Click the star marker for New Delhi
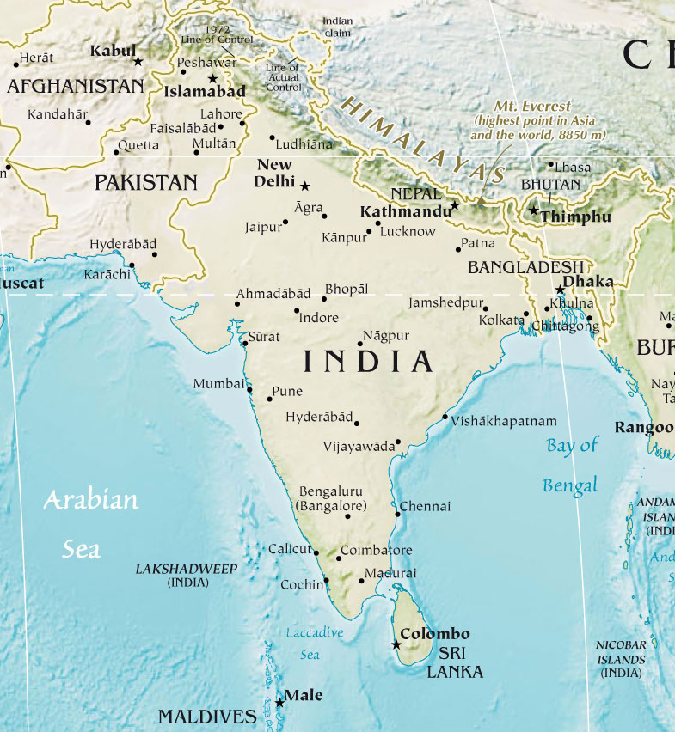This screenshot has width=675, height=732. click(x=304, y=185)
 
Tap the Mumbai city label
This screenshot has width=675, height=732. click(x=218, y=384)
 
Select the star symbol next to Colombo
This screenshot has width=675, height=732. click(x=396, y=644)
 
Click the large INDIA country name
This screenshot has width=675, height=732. click(x=368, y=362)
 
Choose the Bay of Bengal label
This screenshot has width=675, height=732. click(x=572, y=465)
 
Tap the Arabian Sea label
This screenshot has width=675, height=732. click(x=89, y=523)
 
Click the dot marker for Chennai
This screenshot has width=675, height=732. click(x=397, y=515)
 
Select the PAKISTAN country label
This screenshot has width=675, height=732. click(x=145, y=182)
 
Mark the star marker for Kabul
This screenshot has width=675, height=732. click(x=138, y=61)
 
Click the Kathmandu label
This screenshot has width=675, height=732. click(x=405, y=211)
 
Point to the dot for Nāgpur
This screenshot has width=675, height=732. click(x=360, y=344)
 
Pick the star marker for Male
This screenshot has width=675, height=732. click(x=279, y=703)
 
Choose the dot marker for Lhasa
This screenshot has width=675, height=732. click(x=551, y=163)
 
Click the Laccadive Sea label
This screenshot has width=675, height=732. click(x=314, y=644)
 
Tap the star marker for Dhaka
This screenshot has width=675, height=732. click(x=560, y=290)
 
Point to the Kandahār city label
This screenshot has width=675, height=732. click(x=58, y=114)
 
